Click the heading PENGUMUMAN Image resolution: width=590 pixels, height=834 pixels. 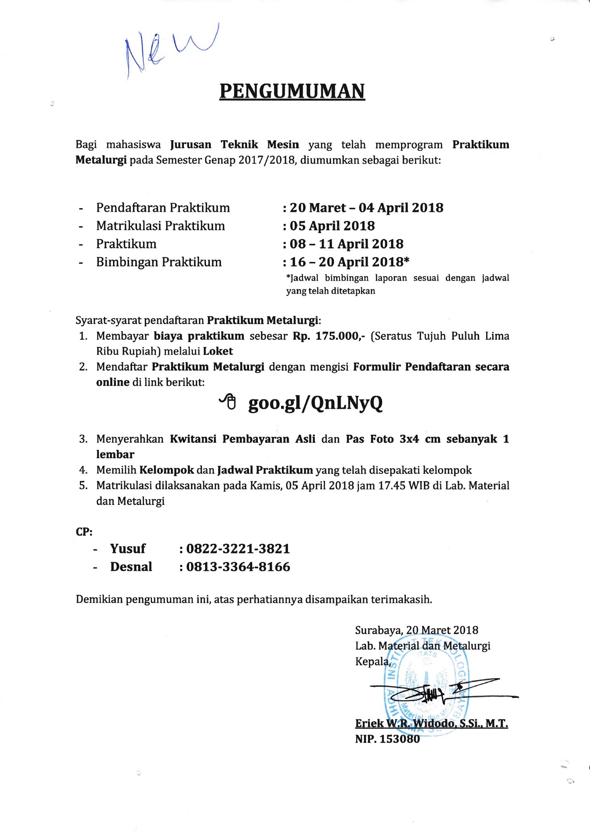(292, 91)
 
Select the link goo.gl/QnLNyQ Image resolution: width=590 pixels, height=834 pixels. (315, 403)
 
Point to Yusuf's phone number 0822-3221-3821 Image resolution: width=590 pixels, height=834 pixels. (238, 549)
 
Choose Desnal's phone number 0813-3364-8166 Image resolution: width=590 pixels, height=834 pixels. (238, 567)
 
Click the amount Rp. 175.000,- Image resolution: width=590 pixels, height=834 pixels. (329, 336)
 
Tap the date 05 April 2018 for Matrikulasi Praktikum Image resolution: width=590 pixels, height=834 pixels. (332, 226)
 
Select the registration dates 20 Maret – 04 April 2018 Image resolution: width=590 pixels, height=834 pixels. (366, 208)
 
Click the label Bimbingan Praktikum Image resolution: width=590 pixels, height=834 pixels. (159, 262)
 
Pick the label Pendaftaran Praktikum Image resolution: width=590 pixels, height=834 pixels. (163, 208)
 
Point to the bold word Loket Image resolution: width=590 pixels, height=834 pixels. (218, 351)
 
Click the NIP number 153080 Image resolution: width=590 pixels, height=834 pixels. (399, 739)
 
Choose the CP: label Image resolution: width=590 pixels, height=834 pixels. (84, 532)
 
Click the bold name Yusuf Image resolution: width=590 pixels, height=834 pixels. (127, 549)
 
